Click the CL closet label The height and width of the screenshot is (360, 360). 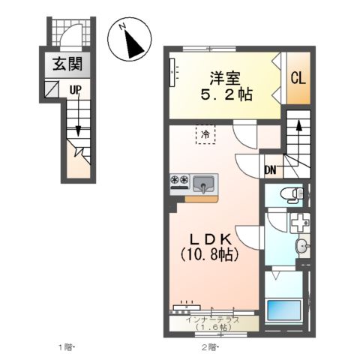(x=297, y=77)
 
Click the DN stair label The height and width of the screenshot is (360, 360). (x=271, y=170)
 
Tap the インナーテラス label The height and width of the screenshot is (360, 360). (x=212, y=319)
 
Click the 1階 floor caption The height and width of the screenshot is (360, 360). (x=66, y=346)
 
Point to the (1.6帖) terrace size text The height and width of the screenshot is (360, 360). (x=212, y=327)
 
